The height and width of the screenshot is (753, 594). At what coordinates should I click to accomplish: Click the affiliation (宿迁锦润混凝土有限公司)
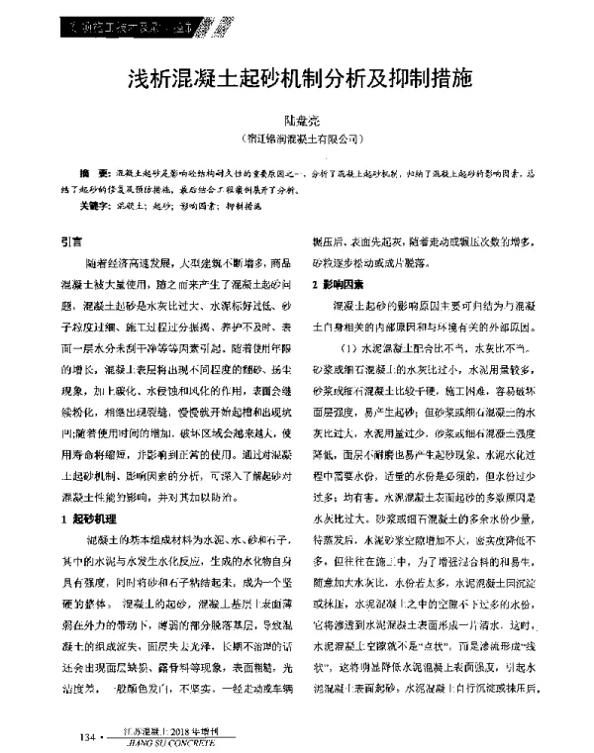298,140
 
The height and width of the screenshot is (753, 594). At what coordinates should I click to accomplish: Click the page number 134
83,737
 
